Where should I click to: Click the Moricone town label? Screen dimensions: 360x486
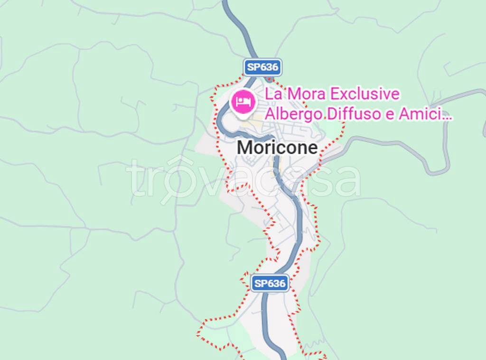[x=277, y=148]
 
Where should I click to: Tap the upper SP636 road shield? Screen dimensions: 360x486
[x=263, y=67]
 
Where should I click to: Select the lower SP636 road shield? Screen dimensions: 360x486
[x=270, y=284]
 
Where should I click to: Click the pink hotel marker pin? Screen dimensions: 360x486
[x=243, y=101]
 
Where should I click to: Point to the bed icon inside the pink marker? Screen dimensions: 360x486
[x=243, y=100]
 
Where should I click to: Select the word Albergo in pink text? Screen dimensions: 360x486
[x=291, y=114]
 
